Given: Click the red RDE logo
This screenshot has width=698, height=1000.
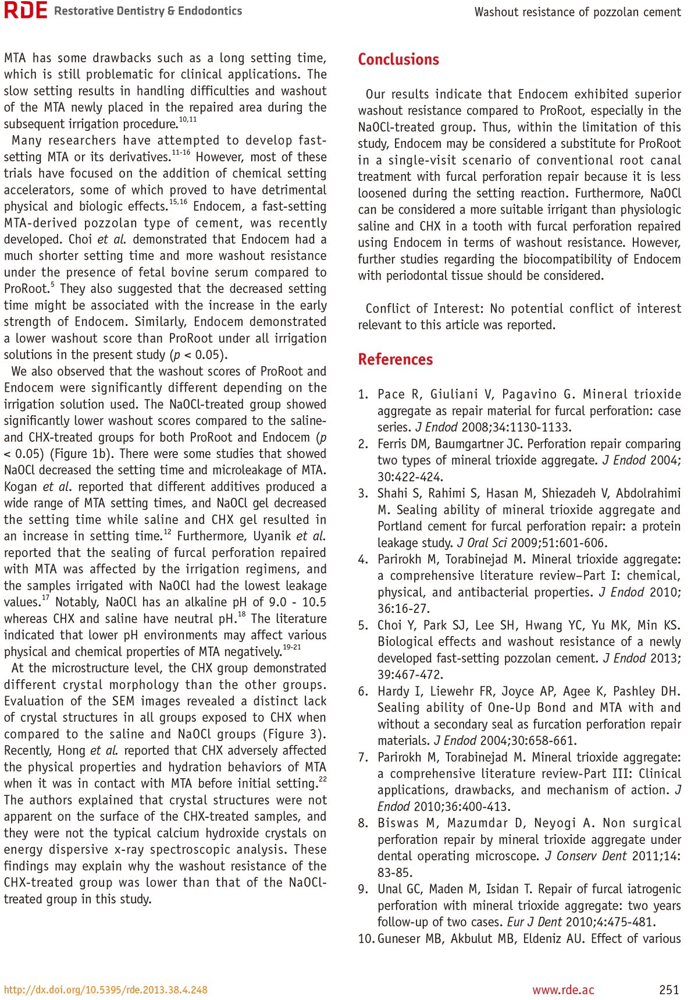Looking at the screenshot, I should (25, 11).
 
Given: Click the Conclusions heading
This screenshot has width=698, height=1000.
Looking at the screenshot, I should (398, 59).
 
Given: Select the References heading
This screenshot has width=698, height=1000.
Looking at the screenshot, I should (395, 359).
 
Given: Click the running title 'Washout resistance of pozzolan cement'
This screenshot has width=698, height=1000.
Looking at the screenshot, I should (577, 12).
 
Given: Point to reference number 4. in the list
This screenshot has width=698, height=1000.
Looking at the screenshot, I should (363, 559).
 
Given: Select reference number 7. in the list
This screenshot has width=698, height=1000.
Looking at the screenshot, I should (363, 757).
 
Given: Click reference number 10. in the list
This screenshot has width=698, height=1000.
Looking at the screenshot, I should (366, 938).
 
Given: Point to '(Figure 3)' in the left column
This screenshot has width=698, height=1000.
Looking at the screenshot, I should (294, 734).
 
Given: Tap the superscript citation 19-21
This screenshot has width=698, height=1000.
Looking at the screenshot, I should (292, 647).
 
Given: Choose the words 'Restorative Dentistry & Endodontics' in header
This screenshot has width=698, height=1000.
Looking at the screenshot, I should (148, 11).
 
